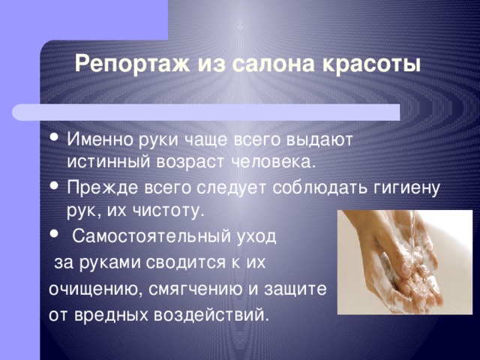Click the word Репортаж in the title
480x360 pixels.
click(x=132, y=65)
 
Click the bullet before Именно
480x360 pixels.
click(x=55, y=136)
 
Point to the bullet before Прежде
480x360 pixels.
click(x=55, y=185)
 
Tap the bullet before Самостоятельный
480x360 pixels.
click(x=55, y=234)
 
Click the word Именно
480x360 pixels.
click(x=100, y=139)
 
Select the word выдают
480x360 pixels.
click(x=320, y=140)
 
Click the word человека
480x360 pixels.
click(x=273, y=162)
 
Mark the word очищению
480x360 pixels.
click(x=95, y=289)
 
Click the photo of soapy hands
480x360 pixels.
click(x=405, y=262)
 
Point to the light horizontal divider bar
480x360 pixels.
click(x=205, y=112)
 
